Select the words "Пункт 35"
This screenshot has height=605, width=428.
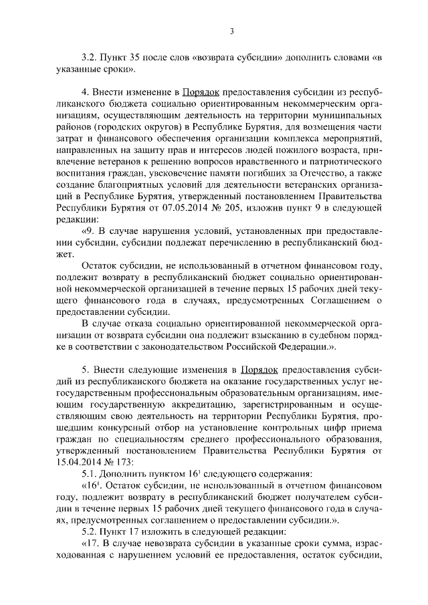124,58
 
